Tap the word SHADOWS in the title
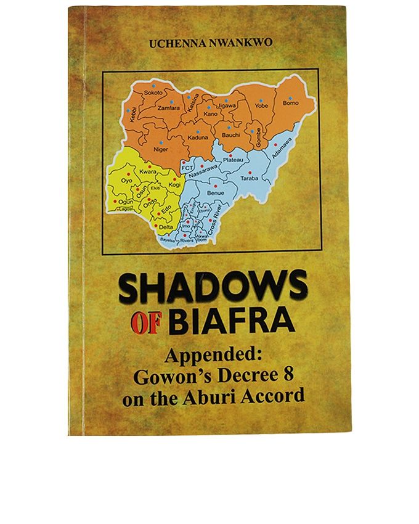(213, 288)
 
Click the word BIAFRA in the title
(227, 321)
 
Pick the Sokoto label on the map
(153, 92)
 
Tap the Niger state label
(160, 149)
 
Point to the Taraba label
(249, 178)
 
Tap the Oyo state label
(127, 181)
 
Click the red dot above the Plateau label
(230, 155)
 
